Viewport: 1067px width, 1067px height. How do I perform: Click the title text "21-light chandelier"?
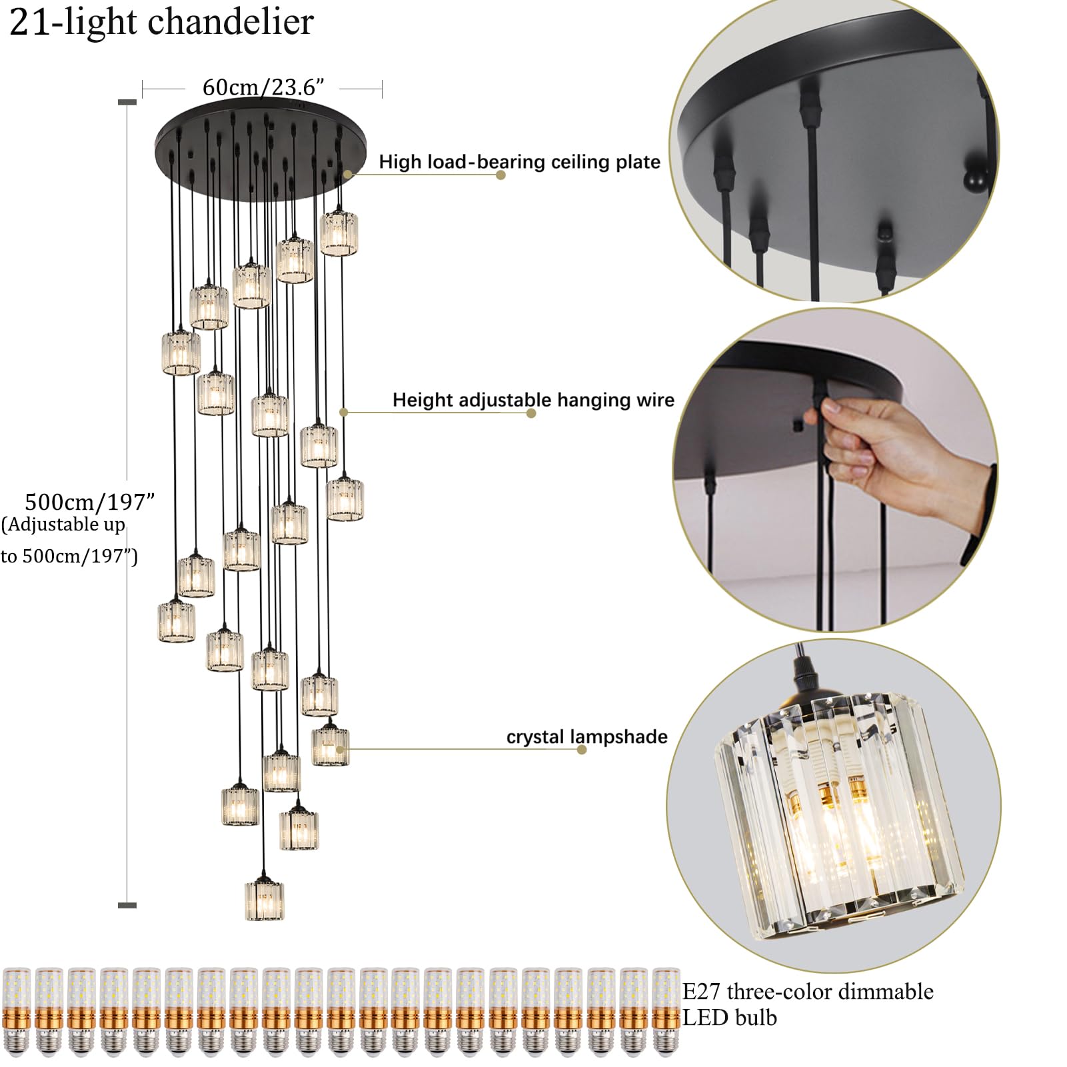162,22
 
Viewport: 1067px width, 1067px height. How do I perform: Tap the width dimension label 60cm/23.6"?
263,87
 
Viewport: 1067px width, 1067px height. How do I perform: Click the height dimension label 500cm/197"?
89,501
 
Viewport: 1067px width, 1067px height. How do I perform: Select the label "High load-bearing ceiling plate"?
519,162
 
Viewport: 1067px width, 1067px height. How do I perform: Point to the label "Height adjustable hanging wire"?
533,400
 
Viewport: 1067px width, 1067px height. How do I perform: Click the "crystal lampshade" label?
586,736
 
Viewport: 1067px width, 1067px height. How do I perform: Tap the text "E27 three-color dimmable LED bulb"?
807,1004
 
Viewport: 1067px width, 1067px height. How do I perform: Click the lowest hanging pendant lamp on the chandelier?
265,900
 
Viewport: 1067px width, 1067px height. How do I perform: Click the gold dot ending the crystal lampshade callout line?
582,750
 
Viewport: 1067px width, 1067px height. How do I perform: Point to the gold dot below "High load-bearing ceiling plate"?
501,175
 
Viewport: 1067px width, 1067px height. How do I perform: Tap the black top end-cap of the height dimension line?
127,102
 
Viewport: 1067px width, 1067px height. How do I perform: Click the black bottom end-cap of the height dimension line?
127,905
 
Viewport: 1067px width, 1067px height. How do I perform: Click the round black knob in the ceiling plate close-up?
974,180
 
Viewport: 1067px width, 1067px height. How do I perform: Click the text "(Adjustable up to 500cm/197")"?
67,540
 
